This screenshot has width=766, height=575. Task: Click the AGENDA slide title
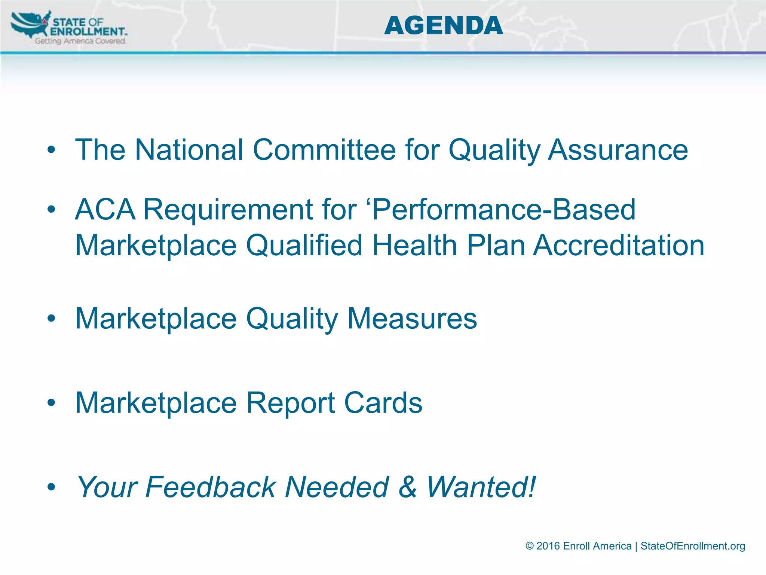443,25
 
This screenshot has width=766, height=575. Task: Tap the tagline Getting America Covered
80,41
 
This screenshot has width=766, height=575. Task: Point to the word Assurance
618,150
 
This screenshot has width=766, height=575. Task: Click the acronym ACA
105,209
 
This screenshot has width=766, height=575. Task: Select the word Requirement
228,209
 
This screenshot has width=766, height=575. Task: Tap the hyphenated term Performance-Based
503,209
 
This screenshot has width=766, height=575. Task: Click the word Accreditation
619,245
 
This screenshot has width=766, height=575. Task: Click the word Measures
412,319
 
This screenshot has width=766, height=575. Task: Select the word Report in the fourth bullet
290,403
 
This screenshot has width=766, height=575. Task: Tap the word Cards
383,403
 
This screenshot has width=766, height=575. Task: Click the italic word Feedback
210,487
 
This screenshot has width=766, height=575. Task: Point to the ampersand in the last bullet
407,487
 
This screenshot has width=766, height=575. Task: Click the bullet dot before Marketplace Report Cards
51,403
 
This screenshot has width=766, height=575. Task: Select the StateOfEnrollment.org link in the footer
693,546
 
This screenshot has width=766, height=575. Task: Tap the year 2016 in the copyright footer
548,546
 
